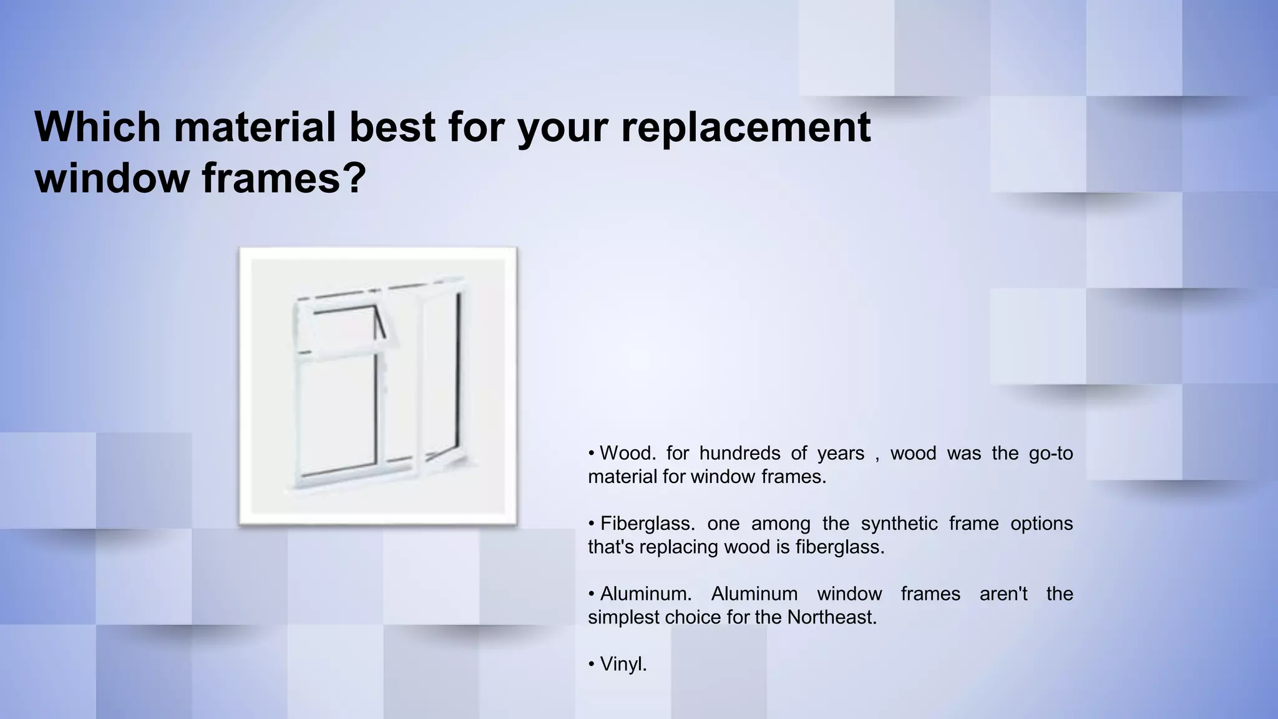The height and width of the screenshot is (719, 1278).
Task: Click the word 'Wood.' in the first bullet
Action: (x=627, y=453)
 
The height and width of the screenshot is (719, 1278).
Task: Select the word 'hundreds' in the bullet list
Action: (x=739, y=453)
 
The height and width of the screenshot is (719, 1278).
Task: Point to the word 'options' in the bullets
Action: (x=1041, y=524)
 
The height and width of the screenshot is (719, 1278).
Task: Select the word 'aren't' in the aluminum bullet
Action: (x=1003, y=594)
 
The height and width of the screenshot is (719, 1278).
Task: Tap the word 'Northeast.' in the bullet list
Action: (x=831, y=618)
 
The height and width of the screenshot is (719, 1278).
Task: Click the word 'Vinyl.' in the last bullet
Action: (x=623, y=665)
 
